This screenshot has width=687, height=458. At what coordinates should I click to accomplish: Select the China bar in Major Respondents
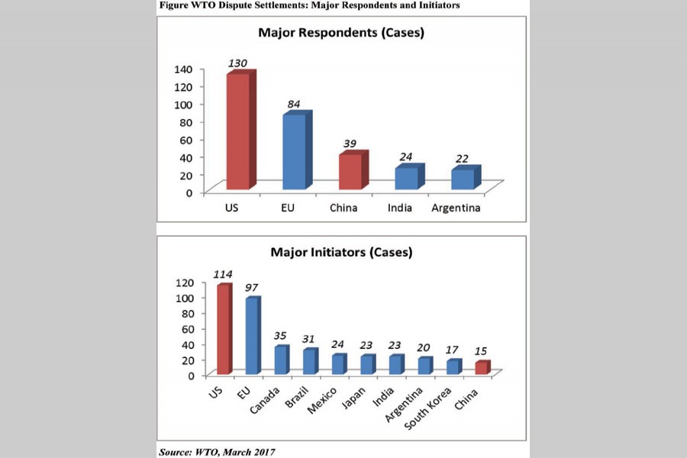[x=351, y=172]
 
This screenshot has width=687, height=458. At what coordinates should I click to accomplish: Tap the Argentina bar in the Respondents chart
[x=462, y=178]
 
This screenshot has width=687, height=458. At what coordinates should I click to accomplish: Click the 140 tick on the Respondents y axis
[x=184, y=69]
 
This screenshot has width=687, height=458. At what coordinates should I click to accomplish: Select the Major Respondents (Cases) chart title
[x=341, y=34]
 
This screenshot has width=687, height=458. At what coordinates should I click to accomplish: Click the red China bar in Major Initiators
[x=482, y=367]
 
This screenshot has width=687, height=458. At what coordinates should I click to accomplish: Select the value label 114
[x=223, y=275]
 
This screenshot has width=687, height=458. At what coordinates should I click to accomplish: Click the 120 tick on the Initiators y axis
[x=187, y=282]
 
